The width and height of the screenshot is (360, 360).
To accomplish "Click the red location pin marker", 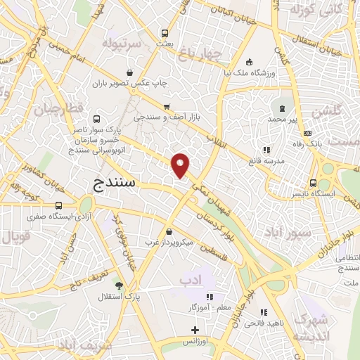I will point(181,165).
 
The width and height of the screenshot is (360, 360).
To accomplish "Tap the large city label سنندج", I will point(118,184).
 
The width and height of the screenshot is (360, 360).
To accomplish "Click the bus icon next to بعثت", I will point(165,33).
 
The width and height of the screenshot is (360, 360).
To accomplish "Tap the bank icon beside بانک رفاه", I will point(307,133).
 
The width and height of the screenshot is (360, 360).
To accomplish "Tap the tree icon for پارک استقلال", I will point(120,285).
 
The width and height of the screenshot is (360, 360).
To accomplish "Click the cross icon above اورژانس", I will point(195,330).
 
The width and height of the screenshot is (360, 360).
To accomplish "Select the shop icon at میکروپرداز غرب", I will point(169,232).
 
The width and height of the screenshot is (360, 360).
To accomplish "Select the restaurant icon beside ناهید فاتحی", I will point(264,312).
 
